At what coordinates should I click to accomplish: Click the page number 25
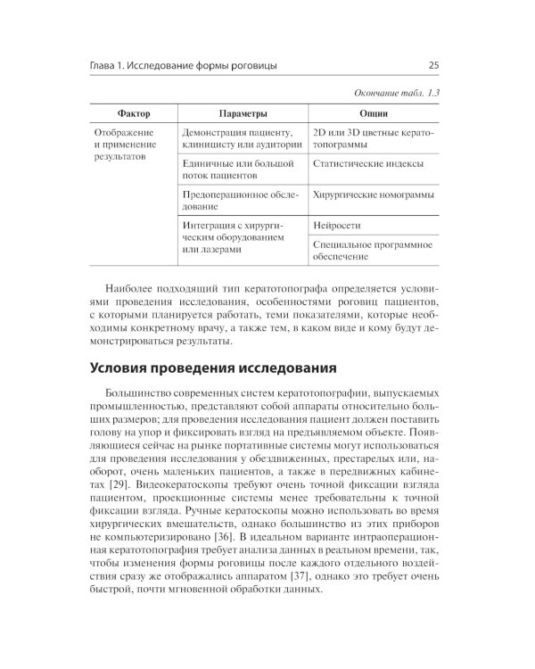pos(433,65)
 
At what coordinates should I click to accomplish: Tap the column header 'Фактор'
pos(133,114)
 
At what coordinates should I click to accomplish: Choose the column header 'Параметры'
pos(242,114)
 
